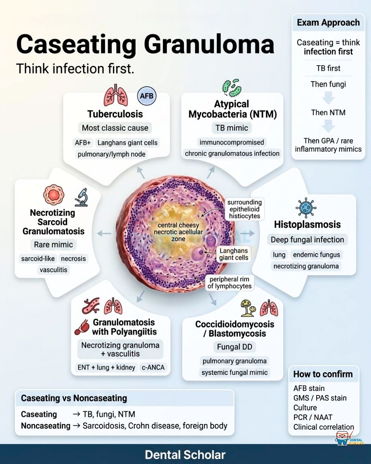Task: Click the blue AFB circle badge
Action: coord(147,96)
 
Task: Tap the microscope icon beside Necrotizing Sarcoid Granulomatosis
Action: coord(81,197)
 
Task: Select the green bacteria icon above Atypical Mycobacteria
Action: coord(232,87)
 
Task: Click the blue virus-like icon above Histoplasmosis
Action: coord(306,207)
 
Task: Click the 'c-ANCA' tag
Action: coord(153,367)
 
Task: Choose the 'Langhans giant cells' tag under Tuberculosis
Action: coord(127,143)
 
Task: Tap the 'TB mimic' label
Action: coord(232,128)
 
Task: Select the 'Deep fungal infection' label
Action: coord(308,239)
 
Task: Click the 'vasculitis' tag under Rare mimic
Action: coord(54,270)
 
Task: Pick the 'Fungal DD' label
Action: coord(235,346)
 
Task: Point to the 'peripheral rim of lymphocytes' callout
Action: coord(230,283)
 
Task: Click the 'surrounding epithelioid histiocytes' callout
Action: coord(244,209)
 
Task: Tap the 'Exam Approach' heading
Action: coord(329,23)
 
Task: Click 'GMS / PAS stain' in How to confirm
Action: coord(320,398)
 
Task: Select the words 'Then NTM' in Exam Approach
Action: coord(328,113)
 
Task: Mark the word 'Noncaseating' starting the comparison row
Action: coord(46,426)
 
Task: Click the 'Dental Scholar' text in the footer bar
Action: coord(185,455)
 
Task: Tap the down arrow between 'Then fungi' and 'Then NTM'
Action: coord(328,98)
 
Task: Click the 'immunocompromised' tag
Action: coord(232,142)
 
